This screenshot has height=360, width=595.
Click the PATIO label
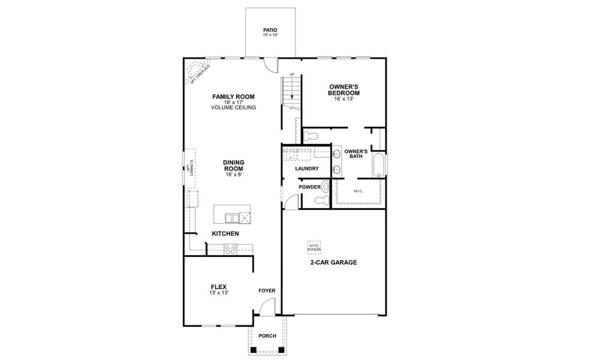270,29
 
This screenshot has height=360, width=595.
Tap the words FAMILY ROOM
234,97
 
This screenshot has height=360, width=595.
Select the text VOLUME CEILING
234,108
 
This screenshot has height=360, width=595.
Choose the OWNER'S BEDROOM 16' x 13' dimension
343,98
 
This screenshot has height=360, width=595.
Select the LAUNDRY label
306,169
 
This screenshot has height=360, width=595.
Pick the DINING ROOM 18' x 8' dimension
232,175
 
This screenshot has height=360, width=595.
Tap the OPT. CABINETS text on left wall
189,168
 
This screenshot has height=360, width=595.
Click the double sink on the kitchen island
230,217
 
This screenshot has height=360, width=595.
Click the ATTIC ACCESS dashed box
314,246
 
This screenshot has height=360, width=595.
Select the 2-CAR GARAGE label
333,262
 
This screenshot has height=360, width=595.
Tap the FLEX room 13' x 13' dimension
219,292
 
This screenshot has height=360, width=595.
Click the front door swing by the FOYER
265,308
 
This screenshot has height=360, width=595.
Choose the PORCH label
267,335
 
